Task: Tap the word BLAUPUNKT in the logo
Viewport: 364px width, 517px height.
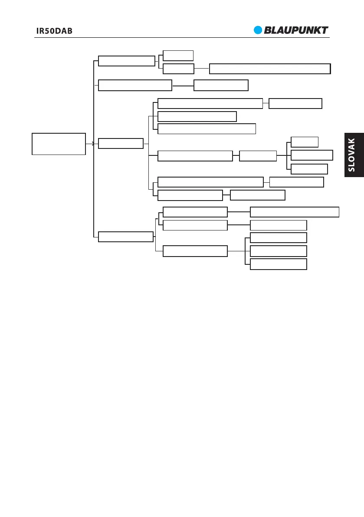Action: coord(296,30)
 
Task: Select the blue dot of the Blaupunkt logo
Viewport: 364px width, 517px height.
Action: coord(259,30)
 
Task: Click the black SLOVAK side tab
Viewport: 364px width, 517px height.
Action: coord(351,155)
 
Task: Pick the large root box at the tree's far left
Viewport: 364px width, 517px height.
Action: coord(59,144)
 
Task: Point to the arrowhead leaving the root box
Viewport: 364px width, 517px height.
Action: coord(92,144)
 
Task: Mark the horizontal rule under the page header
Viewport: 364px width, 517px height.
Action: coord(182,37)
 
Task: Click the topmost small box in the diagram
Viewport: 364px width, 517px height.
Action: coord(178,55)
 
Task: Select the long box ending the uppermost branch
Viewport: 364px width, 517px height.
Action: coord(269,69)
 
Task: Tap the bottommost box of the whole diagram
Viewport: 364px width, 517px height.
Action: coord(279,264)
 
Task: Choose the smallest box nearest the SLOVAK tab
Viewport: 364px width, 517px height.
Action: coord(304,142)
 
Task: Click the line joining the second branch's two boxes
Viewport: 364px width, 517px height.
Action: coord(183,86)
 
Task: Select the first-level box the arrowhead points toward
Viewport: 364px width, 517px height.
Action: coord(121,144)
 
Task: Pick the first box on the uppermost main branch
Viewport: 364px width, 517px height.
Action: coord(126,61)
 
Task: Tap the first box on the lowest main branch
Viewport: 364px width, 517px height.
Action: coord(125,237)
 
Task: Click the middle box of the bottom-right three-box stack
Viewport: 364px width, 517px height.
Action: coord(279,251)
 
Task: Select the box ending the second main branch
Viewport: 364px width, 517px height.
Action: coord(221,86)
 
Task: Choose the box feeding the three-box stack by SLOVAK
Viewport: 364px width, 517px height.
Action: coord(258,155)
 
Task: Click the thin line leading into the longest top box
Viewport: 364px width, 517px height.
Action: coord(202,69)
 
